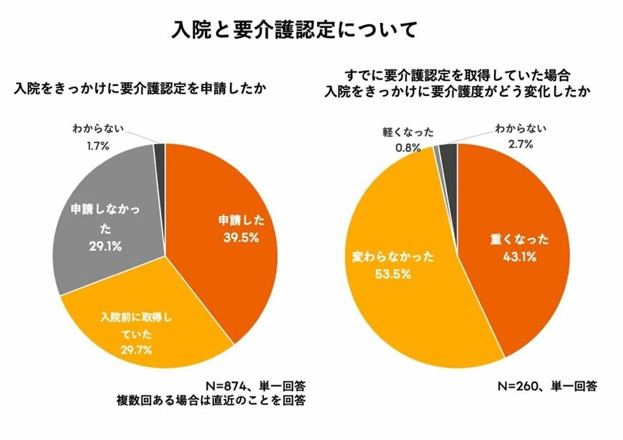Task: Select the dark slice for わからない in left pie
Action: tap(160, 154)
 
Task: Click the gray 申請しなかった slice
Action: tap(107, 215)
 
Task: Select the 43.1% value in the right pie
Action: tap(510, 255)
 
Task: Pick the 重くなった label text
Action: tap(510, 239)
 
